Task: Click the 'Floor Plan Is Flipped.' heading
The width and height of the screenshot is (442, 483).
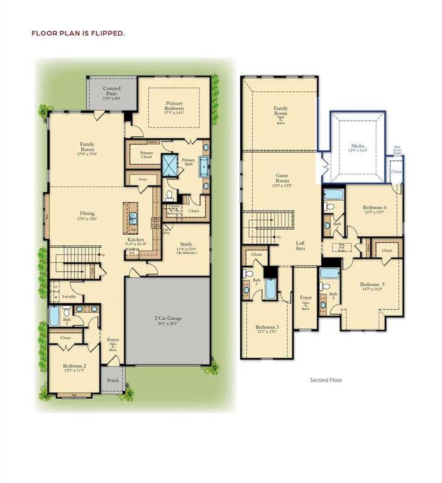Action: coord(78,33)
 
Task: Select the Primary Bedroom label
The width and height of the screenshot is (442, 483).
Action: coord(174,106)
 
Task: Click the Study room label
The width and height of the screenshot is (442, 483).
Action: coord(185,247)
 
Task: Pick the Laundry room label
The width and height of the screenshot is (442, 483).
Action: coord(69,296)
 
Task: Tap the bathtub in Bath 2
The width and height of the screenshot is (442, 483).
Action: coord(53,316)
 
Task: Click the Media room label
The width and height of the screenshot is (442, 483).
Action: coord(356,147)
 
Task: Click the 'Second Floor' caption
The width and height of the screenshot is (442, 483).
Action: coord(326,380)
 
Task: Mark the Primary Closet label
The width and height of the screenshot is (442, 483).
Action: coord(146,155)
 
